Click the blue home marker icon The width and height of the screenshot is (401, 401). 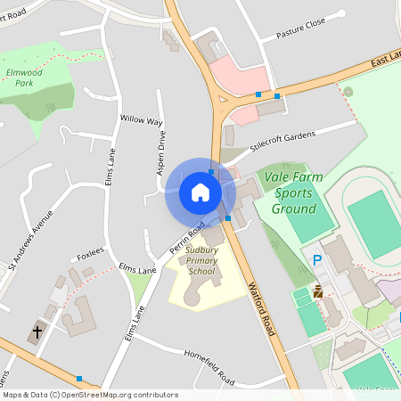pos(200,192)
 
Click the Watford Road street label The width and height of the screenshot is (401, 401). pos(259,308)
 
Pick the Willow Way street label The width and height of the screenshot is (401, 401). pos(141,119)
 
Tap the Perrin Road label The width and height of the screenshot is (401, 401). pos(188,236)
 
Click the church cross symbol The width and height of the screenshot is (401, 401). pos(37,331)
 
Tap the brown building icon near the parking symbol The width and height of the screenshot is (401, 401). pos(318,291)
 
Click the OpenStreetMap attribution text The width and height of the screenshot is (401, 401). pos(89,395)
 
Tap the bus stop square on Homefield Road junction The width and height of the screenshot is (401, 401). pos(79,378)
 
